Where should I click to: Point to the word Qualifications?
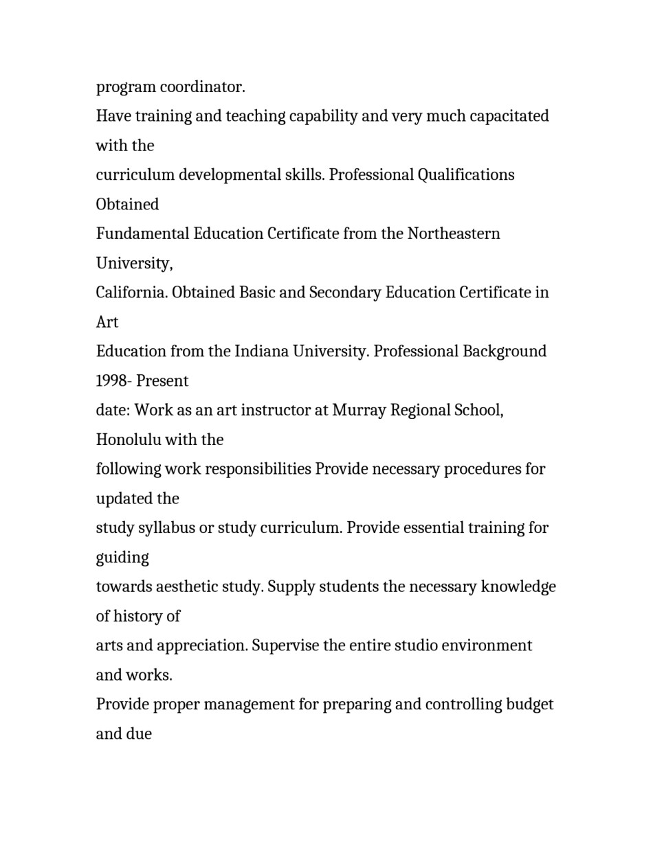tap(466, 175)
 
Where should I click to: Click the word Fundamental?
tap(142, 234)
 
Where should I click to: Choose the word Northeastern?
tap(454, 234)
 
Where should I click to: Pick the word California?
tap(131, 293)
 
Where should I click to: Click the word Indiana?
tap(261, 352)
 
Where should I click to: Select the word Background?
tap(505, 352)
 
